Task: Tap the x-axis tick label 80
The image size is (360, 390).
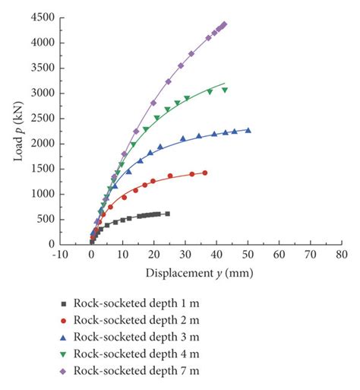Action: pyautogui.click(x=341, y=256)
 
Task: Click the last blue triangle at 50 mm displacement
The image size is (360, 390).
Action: pyautogui.click(x=248, y=130)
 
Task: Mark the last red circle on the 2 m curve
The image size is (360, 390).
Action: pyautogui.click(x=204, y=173)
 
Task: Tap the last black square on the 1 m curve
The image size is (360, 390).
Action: pyautogui.click(x=167, y=214)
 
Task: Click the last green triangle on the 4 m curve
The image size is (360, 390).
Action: pyautogui.click(x=225, y=90)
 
